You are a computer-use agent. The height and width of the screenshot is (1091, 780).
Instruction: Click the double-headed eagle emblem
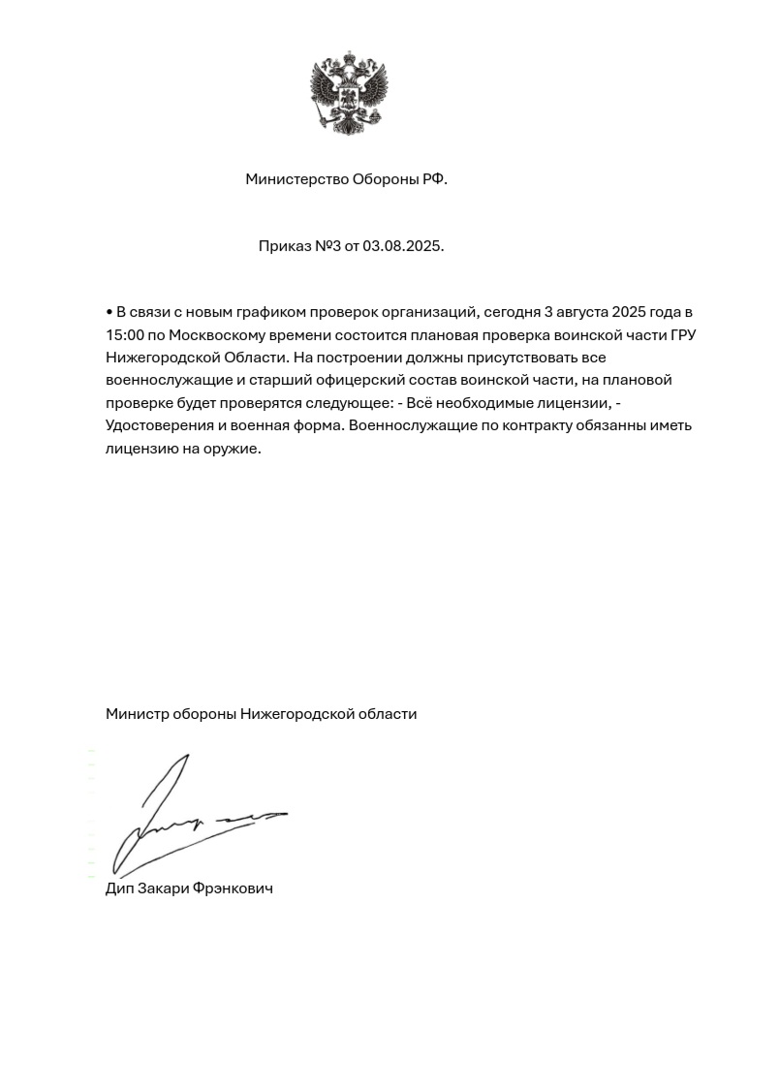(349, 96)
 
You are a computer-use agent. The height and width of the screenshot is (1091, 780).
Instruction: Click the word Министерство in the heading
(296, 179)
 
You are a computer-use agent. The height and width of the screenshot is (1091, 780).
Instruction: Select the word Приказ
(284, 246)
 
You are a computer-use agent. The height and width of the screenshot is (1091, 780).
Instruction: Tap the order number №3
(328, 246)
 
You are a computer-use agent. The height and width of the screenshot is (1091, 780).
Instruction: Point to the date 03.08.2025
(402, 246)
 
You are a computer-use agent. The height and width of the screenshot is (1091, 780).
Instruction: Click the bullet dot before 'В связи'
(109, 313)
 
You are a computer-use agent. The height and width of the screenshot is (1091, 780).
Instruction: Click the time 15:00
(125, 335)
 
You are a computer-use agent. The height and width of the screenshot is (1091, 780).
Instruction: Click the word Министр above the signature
(136, 714)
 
